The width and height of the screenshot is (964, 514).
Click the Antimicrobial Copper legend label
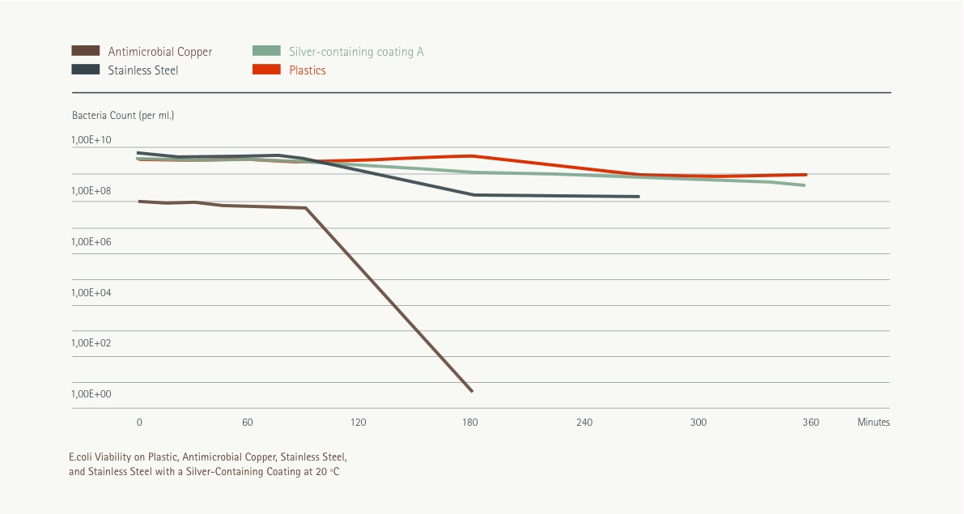pos(159,52)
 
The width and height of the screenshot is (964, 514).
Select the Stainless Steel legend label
pos(142,70)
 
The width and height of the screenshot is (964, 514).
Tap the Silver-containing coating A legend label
pos(356,52)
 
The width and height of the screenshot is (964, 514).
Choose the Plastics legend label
pos(308,70)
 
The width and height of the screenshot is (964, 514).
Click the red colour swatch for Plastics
pos(267,70)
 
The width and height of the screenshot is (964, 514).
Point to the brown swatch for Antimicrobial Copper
pos(86,52)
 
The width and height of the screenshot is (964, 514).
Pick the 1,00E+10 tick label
pos(91,140)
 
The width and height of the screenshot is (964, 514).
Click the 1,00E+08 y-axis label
pos(91,191)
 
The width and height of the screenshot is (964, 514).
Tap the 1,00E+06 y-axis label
pos(91,242)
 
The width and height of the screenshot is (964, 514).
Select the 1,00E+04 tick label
pos(91,292)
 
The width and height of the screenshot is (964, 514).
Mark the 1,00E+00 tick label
pos(91,394)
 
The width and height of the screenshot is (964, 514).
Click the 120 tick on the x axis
pos(358,423)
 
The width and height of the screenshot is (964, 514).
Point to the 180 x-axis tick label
pos(470,423)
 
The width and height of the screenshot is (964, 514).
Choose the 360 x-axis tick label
pos(810,423)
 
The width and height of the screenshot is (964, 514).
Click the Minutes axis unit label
pos(873,423)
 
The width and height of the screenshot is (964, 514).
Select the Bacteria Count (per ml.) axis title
pos(123,116)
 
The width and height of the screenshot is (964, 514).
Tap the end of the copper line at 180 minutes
pos(471,391)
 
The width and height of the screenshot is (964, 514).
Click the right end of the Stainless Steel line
pos(638,197)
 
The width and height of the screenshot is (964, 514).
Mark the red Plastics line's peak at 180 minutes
pos(471,155)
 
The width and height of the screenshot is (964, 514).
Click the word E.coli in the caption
pos(82,457)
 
